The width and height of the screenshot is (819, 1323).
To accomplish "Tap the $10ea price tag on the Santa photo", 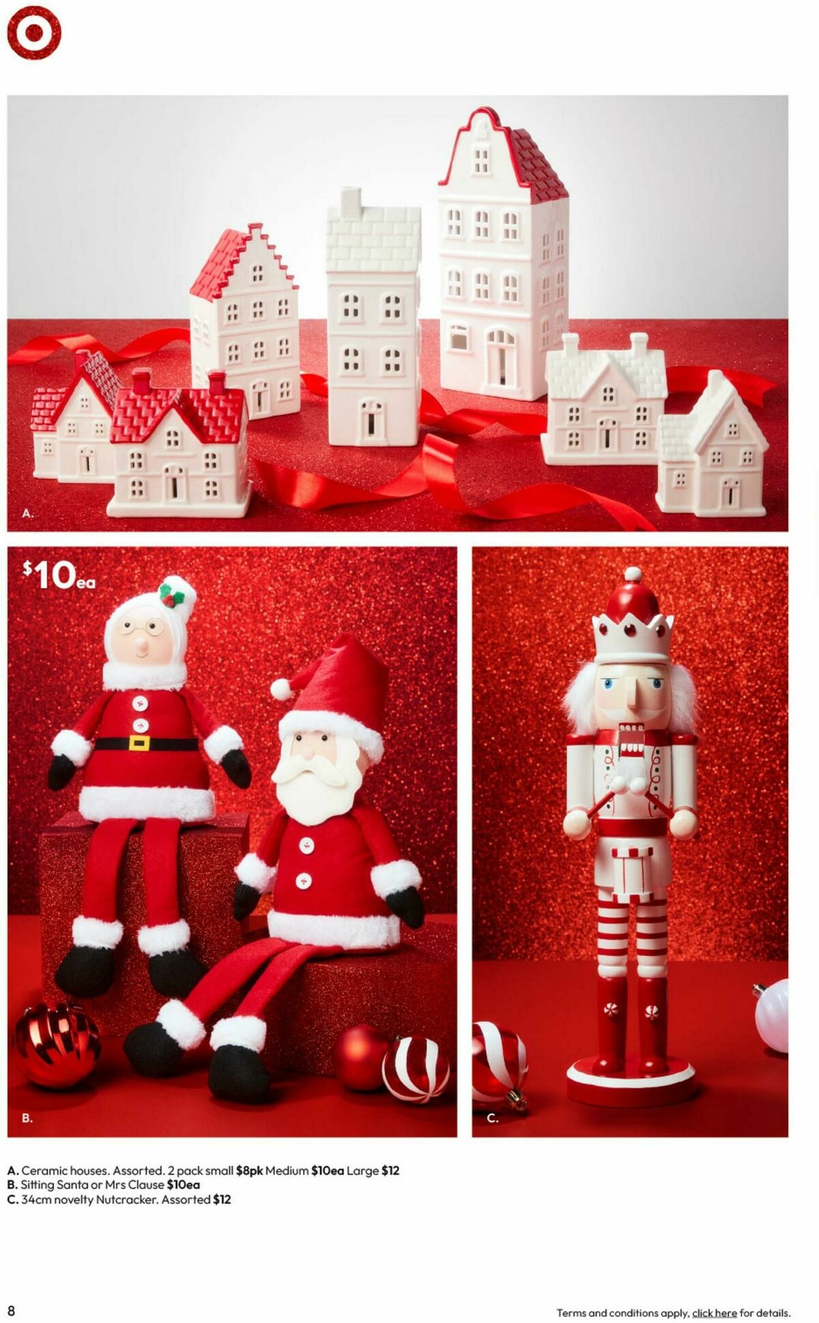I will [59, 575].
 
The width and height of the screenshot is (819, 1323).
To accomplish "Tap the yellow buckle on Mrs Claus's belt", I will [140, 743].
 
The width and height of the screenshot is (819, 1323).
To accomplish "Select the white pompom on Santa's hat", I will [281, 689].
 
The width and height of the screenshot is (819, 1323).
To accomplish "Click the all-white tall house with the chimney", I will [373, 321].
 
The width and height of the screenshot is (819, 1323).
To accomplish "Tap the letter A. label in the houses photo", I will [27, 513].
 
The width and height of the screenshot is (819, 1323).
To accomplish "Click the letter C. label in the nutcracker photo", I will [492, 1118].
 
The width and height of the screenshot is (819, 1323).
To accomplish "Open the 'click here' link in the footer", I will [714, 1313].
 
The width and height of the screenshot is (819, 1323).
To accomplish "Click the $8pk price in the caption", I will [249, 1170].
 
